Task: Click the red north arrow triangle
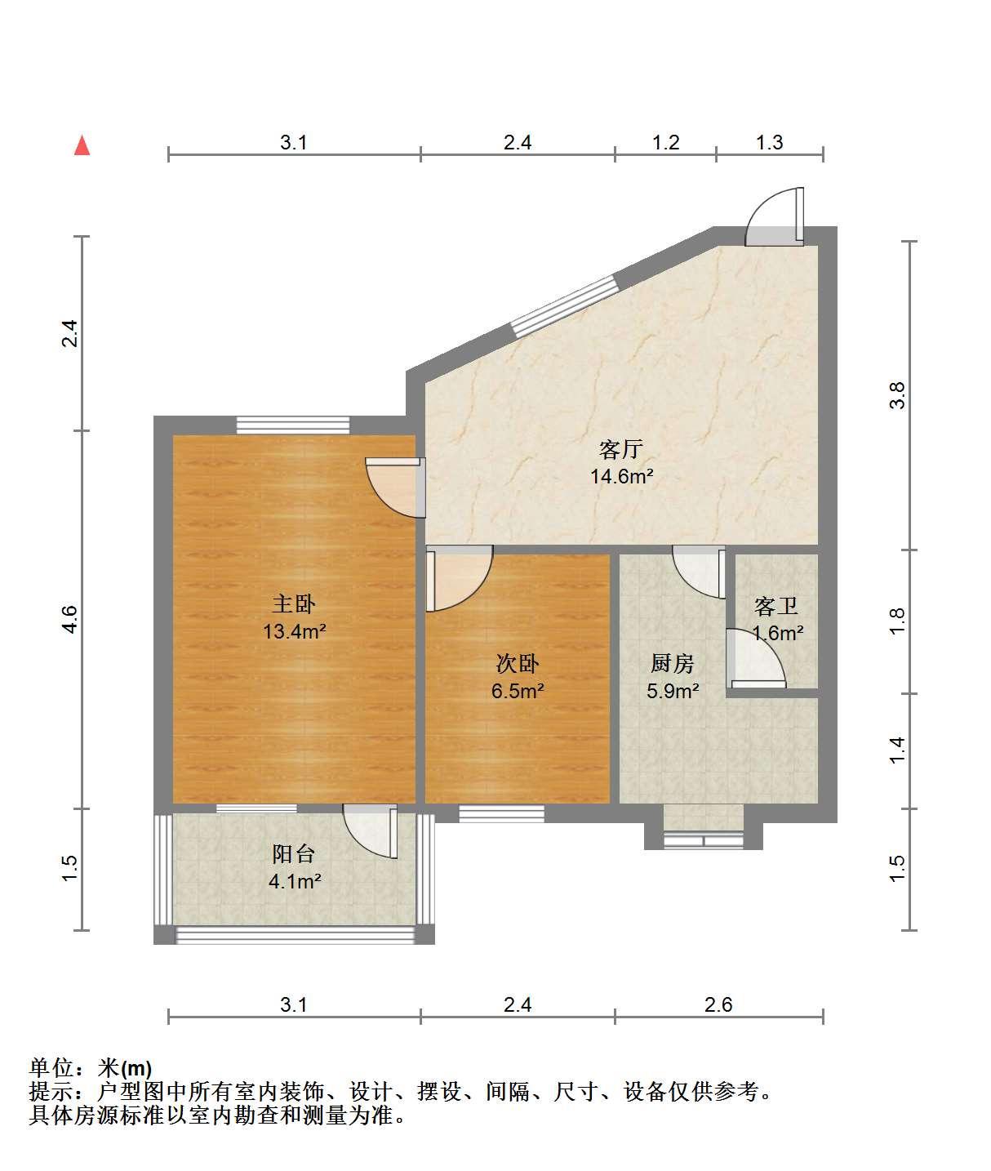point(82,145)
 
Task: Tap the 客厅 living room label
point(621,449)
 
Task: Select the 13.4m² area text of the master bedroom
point(294,631)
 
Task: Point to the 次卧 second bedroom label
point(518,663)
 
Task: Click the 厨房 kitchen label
point(672,663)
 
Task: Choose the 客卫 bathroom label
point(775,607)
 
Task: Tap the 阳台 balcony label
point(293,853)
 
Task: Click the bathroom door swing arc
point(756,658)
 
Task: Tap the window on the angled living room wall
point(564,306)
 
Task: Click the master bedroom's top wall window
point(293,425)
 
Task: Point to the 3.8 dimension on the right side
point(896,395)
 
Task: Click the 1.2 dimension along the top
point(665,142)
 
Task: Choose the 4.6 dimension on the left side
point(70,619)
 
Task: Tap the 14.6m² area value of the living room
point(622,476)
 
